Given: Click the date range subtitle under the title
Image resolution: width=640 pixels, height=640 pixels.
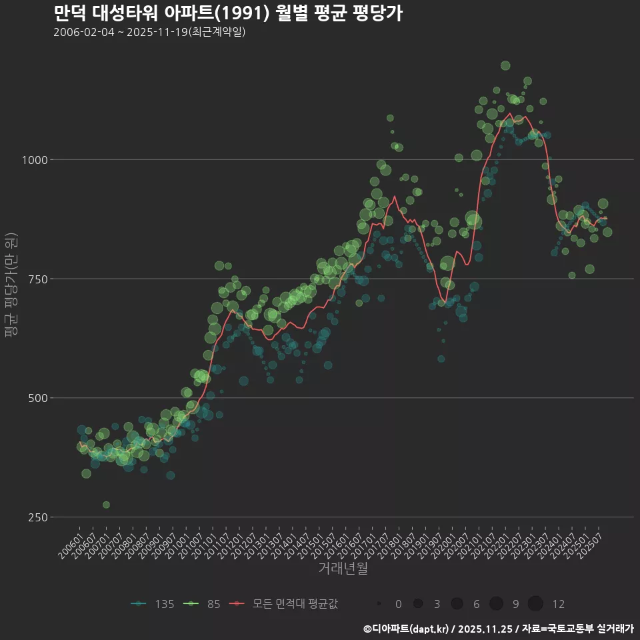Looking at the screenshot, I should click(x=149, y=32).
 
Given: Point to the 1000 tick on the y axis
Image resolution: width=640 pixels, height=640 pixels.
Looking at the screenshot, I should click(x=34, y=160).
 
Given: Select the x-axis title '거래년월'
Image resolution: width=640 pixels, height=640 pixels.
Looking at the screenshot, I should click(x=343, y=569).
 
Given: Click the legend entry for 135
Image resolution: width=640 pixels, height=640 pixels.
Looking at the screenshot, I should click(x=153, y=604).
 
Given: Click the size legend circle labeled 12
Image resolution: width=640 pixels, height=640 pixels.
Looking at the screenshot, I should click(x=535, y=604).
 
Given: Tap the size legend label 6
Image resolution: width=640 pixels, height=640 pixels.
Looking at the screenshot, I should click(x=476, y=604).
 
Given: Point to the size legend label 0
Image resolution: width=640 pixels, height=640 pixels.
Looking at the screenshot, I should click(x=398, y=604).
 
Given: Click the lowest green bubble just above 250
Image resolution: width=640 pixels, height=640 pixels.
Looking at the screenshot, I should click(x=106, y=505).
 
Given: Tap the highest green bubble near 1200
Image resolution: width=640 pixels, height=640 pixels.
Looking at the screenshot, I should click(x=505, y=65).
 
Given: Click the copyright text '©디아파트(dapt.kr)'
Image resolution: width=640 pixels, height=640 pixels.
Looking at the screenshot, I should click(x=405, y=629).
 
